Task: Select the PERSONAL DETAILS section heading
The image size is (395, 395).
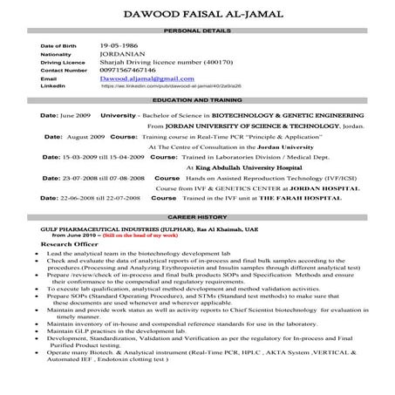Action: [x=198, y=30]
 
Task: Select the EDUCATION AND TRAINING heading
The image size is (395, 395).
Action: [x=198, y=102]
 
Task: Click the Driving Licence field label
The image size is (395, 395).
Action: [x=64, y=62]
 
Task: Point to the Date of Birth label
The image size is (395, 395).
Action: [x=59, y=44]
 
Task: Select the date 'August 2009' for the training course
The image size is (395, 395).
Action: [x=85, y=137]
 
